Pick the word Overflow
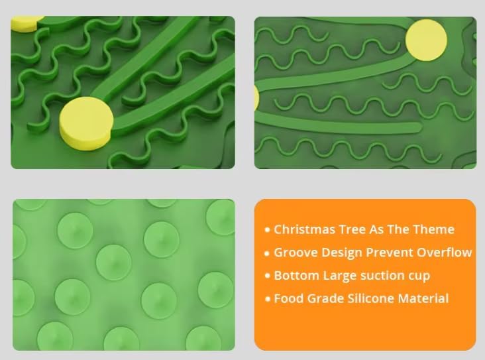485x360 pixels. [445, 253]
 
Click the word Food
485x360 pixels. [289, 298]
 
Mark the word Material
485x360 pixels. [424, 298]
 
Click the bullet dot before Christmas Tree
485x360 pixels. [268, 230]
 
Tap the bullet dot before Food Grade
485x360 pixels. [268, 299]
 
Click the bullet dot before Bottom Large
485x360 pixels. [268, 276]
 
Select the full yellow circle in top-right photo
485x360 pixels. [426, 38]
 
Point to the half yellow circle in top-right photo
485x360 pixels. [256, 97]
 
